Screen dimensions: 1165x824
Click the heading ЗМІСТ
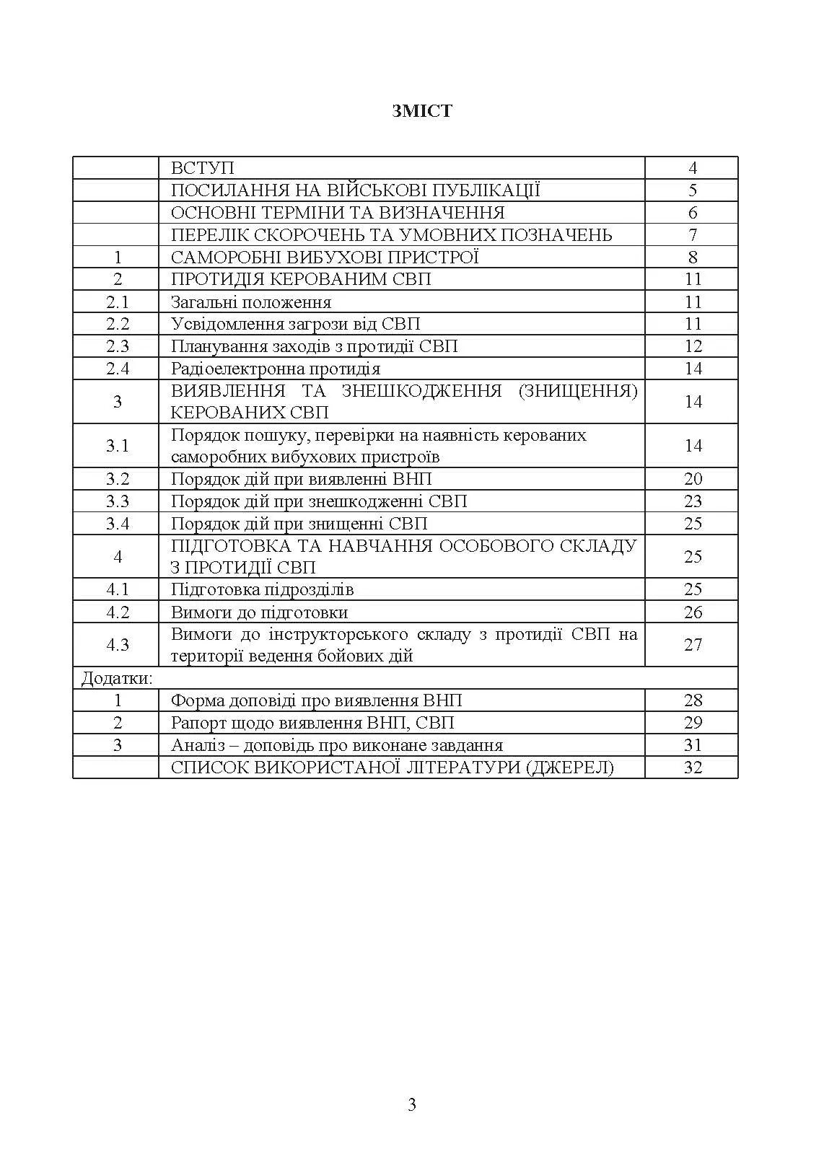422,111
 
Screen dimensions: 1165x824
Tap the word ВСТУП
203,168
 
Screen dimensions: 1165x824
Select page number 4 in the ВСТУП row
693,168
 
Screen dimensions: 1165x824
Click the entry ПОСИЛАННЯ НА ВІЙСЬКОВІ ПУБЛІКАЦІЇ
356,190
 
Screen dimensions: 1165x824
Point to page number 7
693,235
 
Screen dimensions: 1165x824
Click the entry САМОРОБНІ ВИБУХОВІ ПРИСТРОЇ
325,258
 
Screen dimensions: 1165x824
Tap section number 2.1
118,302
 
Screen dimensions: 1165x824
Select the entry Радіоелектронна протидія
276,369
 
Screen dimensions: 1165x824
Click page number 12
693,346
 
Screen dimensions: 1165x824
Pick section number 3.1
118,446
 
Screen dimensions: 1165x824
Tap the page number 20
693,479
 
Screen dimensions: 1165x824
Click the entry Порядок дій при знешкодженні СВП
319,501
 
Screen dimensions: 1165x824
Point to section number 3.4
118,524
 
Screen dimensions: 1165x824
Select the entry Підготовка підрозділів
263,589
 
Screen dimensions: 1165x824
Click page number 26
693,612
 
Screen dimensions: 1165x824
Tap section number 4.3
118,645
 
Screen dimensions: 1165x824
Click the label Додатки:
116,678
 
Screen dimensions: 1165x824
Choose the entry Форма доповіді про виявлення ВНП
317,700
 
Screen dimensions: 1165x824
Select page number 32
693,768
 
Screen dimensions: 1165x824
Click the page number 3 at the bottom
412,1104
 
